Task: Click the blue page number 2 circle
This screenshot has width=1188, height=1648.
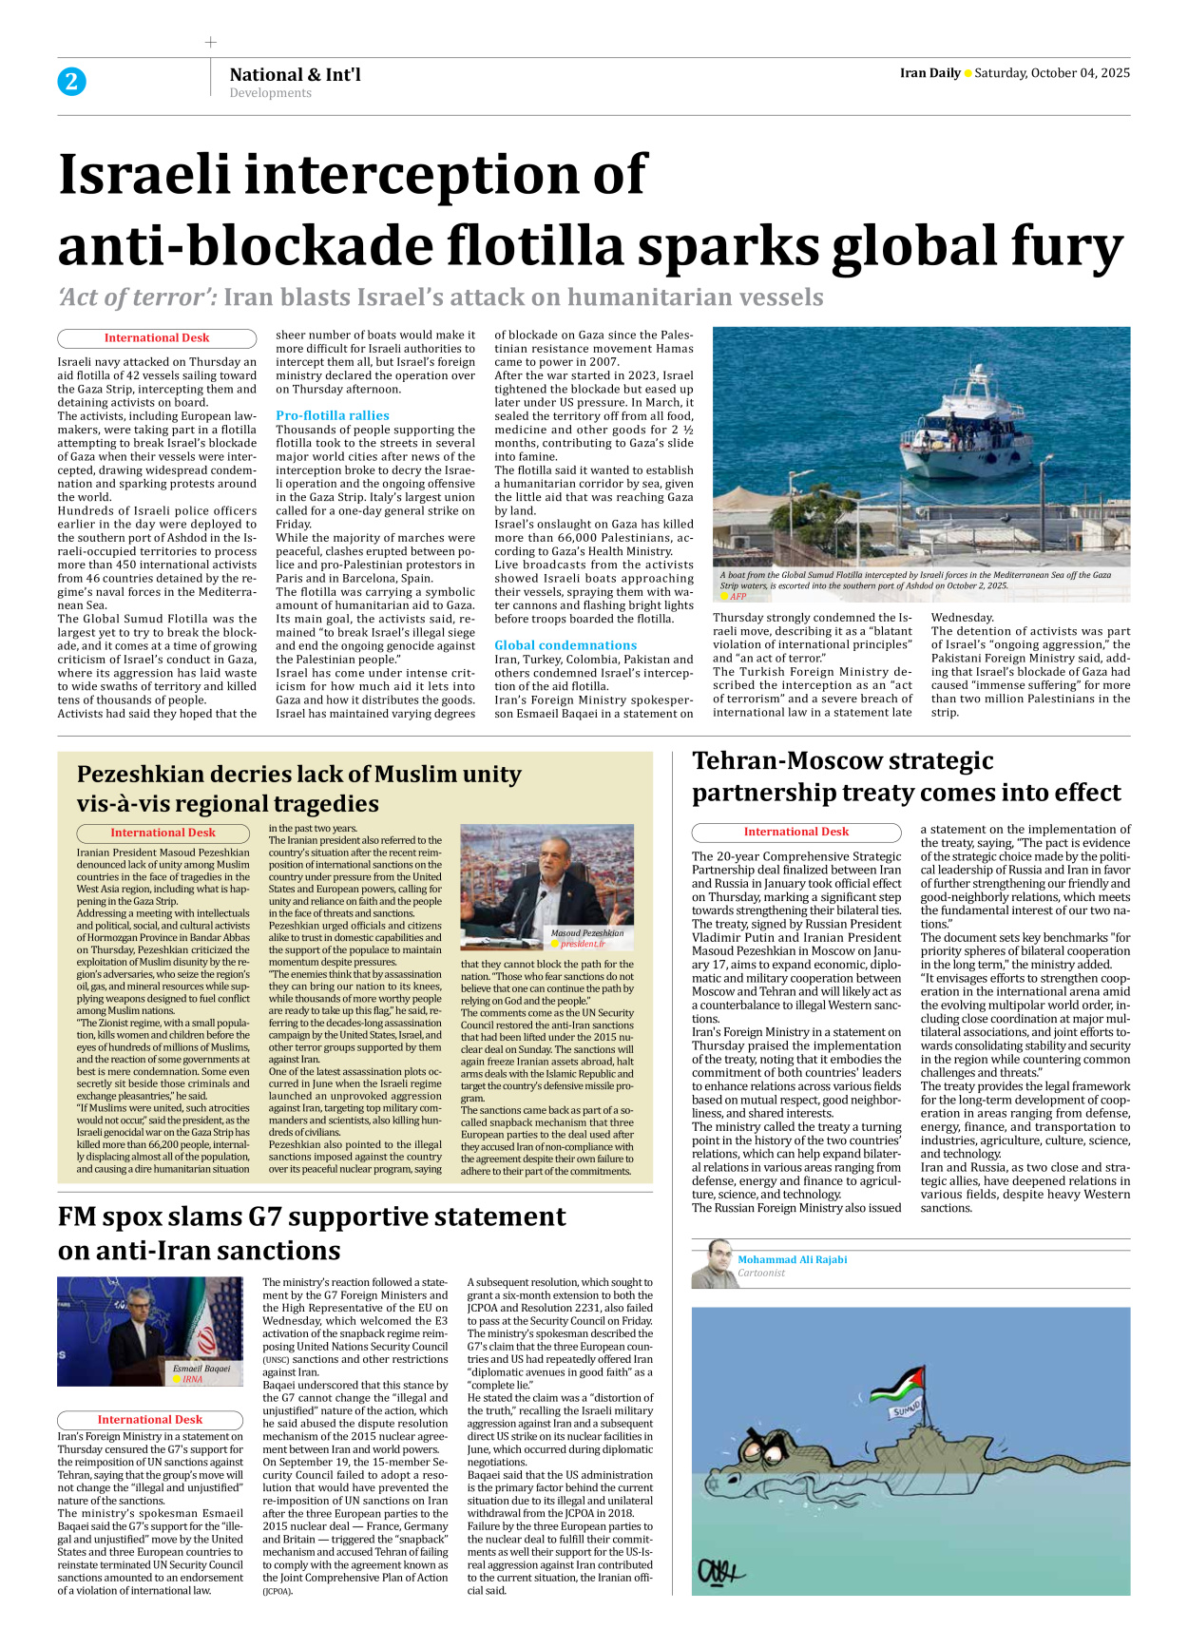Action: click(x=71, y=82)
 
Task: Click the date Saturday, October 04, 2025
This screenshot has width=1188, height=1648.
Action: click(x=1052, y=73)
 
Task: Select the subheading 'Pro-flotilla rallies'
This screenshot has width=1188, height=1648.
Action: click(x=333, y=415)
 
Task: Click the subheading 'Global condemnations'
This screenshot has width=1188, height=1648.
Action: click(x=565, y=645)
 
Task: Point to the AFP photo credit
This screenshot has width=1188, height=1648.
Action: click(x=738, y=597)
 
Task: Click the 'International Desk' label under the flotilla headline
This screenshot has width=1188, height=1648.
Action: click(x=157, y=338)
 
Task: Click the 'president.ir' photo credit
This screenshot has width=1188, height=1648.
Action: click(x=583, y=945)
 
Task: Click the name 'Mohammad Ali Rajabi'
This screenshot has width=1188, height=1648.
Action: click(x=792, y=1259)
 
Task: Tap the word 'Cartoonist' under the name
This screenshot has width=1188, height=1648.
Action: click(x=761, y=1274)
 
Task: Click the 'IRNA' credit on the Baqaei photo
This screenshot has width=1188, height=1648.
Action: click(x=193, y=1379)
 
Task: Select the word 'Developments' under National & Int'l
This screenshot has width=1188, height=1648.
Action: click(x=270, y=93)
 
